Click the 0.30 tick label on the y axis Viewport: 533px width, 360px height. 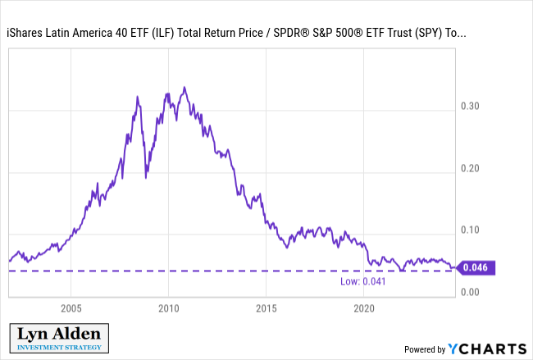(470, 106)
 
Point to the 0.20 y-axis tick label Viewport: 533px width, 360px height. (470, 168)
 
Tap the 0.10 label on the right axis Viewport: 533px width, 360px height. (470, 230)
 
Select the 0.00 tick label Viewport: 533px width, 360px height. (470, 292)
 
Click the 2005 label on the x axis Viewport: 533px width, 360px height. (71, 308)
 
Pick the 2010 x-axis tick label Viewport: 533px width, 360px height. (169, 308)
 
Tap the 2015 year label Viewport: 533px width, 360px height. (266, 308)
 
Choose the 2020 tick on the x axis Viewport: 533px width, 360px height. (364, 308)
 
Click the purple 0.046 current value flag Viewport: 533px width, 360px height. (476, 267)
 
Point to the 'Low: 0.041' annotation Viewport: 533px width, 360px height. (363, 281)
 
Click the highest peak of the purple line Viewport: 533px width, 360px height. (184, 88)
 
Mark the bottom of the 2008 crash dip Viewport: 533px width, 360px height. (146, 177)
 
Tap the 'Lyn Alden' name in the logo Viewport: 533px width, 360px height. (59, 334)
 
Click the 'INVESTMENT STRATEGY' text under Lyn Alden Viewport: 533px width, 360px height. (59, 348)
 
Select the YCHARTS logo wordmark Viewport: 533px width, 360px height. (487, 349)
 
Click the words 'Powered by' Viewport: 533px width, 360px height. (425, 349)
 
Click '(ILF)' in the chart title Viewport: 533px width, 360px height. (163, 33)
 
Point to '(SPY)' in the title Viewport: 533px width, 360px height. (428, 33)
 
